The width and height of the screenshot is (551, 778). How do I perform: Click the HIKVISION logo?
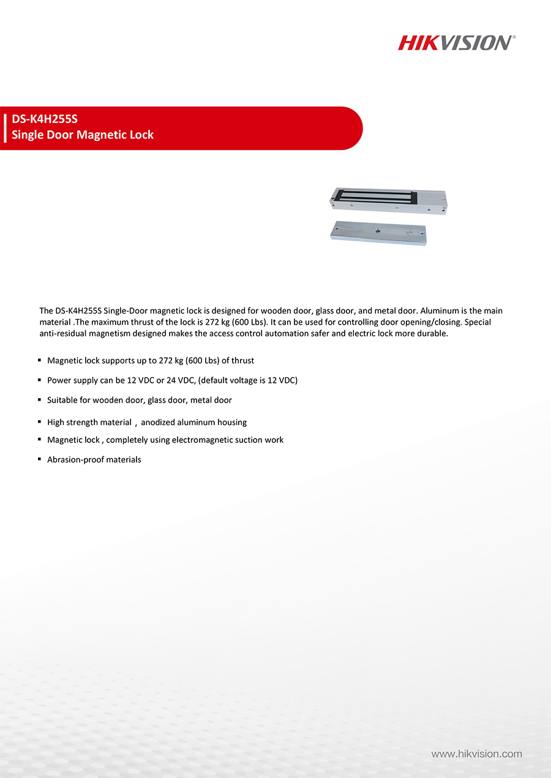[x=456, y=42]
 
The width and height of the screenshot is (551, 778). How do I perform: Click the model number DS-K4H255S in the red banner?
[x=45, y=119]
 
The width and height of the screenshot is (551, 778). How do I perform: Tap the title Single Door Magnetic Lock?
[x=83, y=135]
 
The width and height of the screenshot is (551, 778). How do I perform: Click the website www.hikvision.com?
[x=476, y=754]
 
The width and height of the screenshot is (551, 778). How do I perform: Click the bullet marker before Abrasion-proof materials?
[x=40, y=459]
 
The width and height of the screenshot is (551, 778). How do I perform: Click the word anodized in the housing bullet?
[x=160, y=422]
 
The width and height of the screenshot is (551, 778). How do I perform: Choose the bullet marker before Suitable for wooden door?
[x=40, y=400]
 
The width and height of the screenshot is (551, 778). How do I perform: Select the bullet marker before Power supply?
[x=40, y=380]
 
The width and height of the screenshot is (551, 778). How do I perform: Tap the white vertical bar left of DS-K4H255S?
[x=5, y=127]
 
